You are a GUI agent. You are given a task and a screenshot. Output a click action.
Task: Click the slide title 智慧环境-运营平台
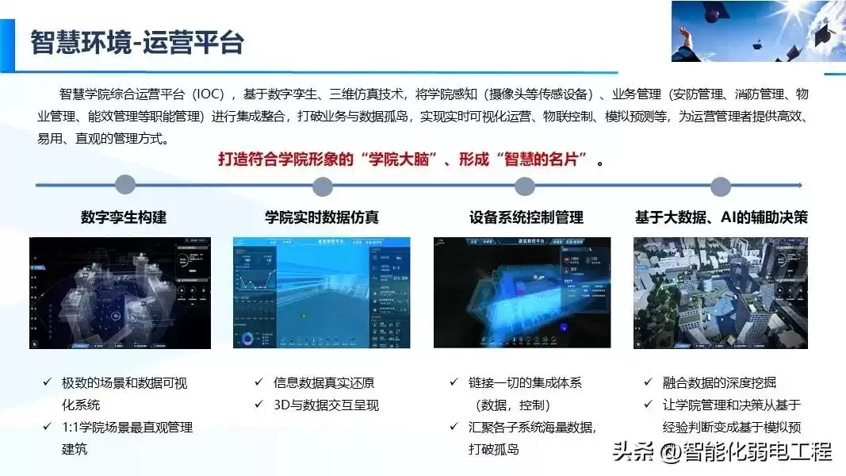pos(136,42)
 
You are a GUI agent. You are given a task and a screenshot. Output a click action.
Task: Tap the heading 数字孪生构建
pos(124,217)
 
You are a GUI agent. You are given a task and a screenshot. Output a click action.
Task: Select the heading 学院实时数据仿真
pos(322,217)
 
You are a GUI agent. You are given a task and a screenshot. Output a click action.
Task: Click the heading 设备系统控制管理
pos(526,217)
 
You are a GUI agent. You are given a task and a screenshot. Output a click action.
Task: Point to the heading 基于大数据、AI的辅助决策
pos(721,217)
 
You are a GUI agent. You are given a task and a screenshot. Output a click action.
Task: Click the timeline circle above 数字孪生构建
pos(124,186)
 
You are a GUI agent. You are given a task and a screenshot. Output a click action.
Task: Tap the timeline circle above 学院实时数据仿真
pos(322,186)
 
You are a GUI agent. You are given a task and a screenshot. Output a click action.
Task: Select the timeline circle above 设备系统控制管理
pos(524,186)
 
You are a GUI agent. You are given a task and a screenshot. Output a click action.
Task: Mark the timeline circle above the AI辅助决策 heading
pos(720,186)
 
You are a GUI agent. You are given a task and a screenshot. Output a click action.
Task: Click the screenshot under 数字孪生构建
pos(120,293)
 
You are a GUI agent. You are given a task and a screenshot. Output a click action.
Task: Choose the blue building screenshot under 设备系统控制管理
pos(522,293)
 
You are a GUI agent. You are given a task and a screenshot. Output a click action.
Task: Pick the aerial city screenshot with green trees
pos(720,293)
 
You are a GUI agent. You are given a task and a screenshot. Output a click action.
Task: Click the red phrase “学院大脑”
pos(398,159)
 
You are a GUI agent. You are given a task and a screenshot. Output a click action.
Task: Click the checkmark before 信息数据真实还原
pos(258,382)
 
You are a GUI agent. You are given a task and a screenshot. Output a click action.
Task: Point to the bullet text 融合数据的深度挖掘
pos(719,382)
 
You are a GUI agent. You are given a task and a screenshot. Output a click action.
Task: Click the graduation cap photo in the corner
pos(758,32)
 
